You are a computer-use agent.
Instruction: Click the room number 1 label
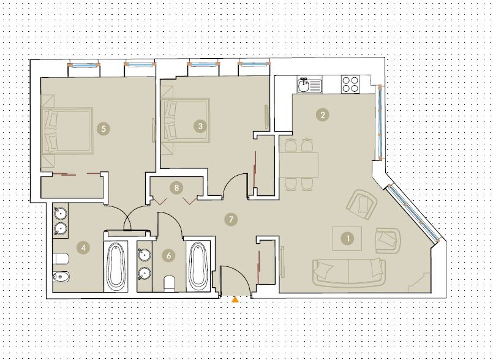[x=348, y=239]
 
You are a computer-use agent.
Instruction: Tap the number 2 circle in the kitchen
[x=323, y=115]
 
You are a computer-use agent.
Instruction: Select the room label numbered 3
[x=200, y=126]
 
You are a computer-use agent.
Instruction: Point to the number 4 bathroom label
[x=83, y=248]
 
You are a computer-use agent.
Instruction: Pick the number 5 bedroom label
[x=103, y=129]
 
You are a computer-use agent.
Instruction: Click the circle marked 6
[x=169, y=255]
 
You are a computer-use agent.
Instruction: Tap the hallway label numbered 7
[x=231, y=219]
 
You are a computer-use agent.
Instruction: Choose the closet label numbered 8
[x=177, y=188]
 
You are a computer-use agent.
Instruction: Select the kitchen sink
[x=309, y=85]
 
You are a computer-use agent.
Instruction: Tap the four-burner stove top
[x=350, y=84]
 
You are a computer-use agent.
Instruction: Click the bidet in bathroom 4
[x=61, y=277]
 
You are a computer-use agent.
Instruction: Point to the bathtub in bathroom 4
[x=116, y=266]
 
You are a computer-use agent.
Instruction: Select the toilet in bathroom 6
[x=169, y=284]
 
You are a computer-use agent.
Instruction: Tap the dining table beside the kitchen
[x=298, y=165]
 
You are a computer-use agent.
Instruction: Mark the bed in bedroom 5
[x=67, y=131]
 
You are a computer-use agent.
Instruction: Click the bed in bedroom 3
[x=185, y=120]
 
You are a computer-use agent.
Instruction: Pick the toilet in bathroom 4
[x=61, y=259]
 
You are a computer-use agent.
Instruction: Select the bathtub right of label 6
[x=198, y=266]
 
